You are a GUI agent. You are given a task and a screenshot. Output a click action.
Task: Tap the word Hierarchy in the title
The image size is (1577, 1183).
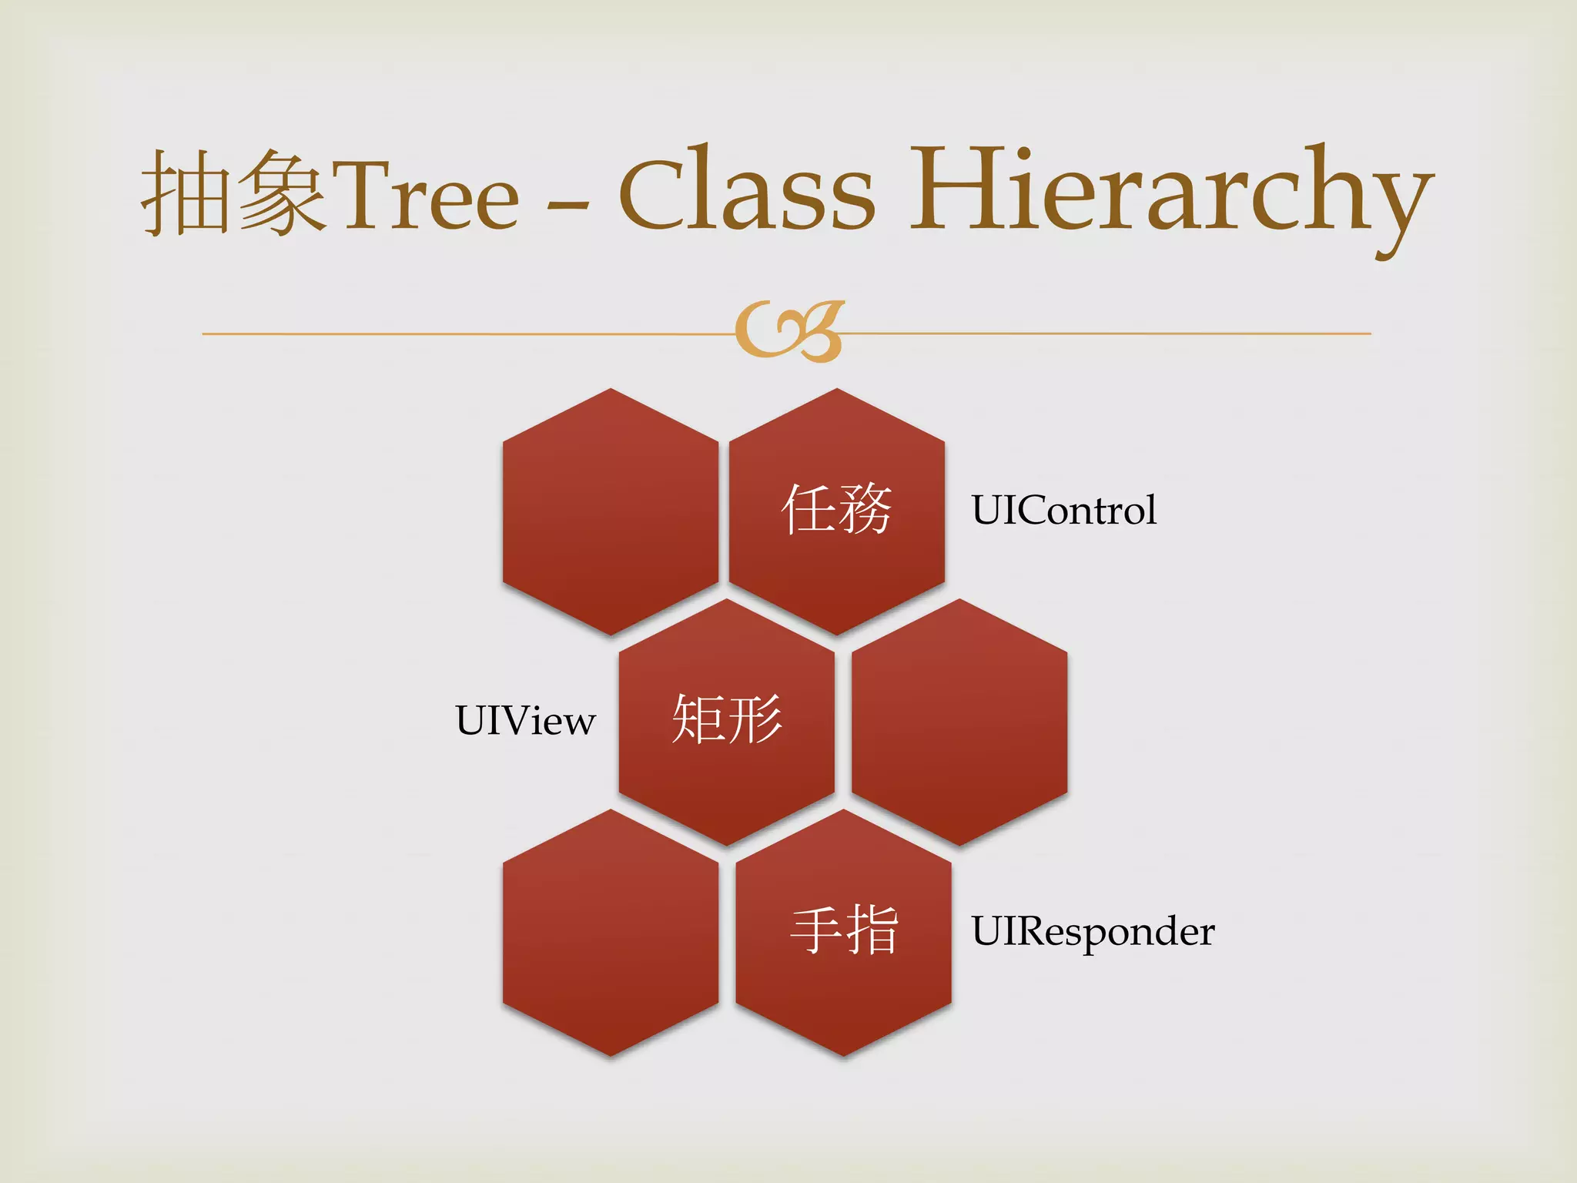tap(1170, 193)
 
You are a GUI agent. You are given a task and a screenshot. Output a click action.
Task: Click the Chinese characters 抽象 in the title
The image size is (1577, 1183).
tap(233, 193)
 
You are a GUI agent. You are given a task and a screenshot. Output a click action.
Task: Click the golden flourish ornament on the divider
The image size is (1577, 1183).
tap(789, 331)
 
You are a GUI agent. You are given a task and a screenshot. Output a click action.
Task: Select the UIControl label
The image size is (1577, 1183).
tap(1063, 510)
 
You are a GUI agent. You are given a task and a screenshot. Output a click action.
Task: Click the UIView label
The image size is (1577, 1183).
tap(525, 721)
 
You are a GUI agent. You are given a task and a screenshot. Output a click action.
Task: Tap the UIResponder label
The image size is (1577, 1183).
tap(1092, 931)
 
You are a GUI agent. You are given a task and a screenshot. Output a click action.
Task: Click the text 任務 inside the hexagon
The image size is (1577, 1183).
tap(837, 509)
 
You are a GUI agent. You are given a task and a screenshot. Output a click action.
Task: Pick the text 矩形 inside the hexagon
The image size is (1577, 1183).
tap(727, 719)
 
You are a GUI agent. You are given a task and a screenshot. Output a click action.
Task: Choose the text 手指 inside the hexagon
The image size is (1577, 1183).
tap(844, 930)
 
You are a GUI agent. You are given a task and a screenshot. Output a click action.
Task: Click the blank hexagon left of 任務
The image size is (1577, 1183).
tap(611, 511)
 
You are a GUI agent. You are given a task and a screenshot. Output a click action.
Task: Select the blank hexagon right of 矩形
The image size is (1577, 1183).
tap(959, 722)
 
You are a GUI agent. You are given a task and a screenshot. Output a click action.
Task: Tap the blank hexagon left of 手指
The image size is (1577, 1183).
tap(611, 932)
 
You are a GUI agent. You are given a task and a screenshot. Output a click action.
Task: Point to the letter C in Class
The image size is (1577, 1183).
tap(655, 193)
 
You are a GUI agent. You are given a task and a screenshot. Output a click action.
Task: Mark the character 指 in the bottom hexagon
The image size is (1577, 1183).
tap(872, 930)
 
